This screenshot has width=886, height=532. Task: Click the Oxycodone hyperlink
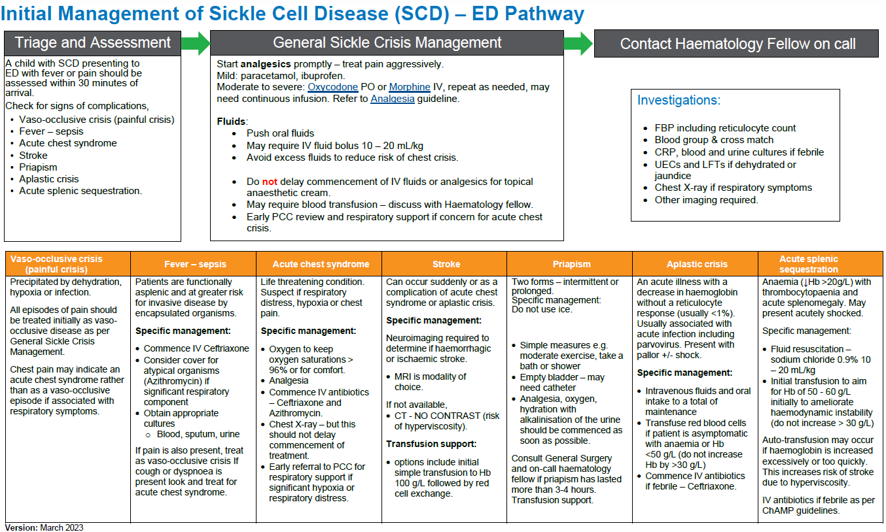pos(333,87)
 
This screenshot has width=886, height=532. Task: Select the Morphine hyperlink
pos(410,87)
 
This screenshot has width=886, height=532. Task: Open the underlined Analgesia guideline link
pos(392,99)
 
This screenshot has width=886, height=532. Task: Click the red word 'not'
pos(270,182)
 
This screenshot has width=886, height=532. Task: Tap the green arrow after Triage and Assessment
pos(195,44)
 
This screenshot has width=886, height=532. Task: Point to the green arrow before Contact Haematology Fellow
pos(578,44)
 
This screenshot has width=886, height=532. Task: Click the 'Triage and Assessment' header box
pos(92,44)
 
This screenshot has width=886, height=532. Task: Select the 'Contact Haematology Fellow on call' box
pos(737,44)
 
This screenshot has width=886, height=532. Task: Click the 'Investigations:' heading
pos(679,101)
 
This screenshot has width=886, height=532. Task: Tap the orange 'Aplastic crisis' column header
pos(696,264)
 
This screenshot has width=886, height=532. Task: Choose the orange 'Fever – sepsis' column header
pos(194,264)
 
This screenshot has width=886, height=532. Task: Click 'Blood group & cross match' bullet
pos(713,140)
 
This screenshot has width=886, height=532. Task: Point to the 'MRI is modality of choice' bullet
pos(430,382)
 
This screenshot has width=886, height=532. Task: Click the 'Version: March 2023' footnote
pos(44,527)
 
